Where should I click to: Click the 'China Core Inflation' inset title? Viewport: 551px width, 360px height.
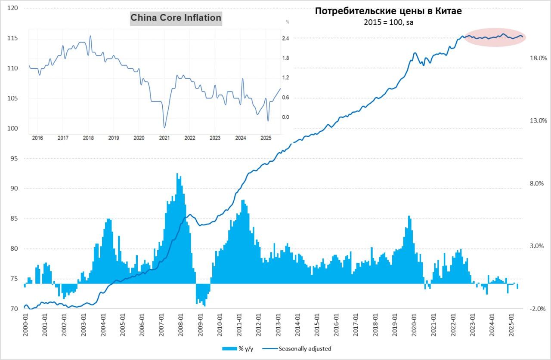click(x=176, y=18)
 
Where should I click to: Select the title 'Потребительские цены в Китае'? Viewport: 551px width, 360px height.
click(x=388, y=11)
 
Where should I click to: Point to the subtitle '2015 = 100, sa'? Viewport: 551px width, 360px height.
click(x=388, y=22)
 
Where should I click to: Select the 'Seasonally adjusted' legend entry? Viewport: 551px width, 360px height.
click(x=305, y=349)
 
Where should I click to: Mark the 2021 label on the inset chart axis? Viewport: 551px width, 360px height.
click(x=164, y=138)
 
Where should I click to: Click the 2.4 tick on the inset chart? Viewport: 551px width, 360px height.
click(x=285, y=38)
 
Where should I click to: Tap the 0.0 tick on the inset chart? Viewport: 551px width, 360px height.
click(x=285, y=117)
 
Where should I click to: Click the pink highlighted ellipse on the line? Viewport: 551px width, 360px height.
click(x=494, y=37)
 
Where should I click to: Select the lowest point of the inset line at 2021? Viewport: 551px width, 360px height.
click(x=164, y=127)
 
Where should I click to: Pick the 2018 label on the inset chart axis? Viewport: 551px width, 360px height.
click(x=88, y=138)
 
